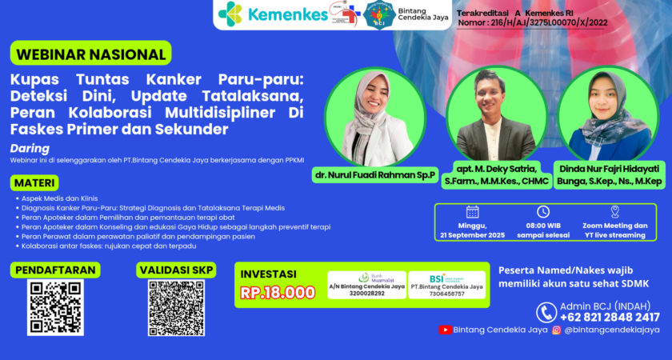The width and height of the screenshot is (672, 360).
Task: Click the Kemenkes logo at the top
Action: point(273,14)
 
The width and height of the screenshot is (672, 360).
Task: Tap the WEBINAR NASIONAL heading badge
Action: point(90,54)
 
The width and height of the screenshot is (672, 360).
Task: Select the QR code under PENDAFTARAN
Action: point(56,306)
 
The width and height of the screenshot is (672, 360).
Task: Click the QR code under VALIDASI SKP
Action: point(176,306)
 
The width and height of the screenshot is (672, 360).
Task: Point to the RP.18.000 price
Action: point(278,292)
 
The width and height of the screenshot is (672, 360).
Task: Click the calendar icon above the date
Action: point(472,212)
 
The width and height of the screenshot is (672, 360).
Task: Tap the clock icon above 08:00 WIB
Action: point(543,212)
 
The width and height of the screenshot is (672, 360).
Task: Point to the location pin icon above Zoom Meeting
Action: point(614,212)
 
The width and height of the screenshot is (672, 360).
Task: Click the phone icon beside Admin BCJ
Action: point(546,312)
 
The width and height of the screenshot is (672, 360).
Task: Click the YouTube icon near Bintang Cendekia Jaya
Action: point(445,330)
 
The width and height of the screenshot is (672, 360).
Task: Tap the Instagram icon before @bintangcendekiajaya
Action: point(556,330)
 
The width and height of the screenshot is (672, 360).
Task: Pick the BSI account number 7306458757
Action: point(446,293)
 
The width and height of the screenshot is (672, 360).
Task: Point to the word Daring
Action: point(30,148)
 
